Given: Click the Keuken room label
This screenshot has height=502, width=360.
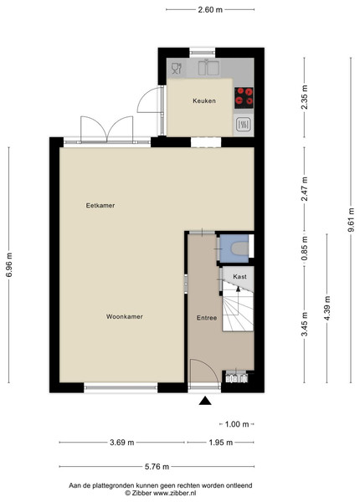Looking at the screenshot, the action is coord(204,101).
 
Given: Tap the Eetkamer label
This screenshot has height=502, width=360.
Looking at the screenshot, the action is coord(100,206).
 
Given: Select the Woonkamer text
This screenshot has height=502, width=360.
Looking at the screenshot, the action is coord(124,316).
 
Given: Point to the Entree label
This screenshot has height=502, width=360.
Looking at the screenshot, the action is coord(207,318).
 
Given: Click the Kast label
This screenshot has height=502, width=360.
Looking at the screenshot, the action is coord(239,277).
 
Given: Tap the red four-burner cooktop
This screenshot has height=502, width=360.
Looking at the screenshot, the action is coord(244,98).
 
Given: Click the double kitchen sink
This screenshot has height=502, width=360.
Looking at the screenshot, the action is coord(208,68).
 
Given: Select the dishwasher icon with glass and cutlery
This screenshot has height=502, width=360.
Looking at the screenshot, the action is coord(176,69).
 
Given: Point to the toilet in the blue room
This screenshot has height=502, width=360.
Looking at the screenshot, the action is coord(240,248).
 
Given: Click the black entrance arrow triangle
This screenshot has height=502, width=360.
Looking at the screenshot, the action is coord(205,401).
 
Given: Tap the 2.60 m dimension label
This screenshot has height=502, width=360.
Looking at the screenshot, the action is coord(210,9).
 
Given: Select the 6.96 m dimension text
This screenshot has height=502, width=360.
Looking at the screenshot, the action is coord(9,265).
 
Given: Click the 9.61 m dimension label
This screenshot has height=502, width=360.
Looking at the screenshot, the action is coord(352,220).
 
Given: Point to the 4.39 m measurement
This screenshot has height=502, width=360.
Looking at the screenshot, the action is coord(327,308).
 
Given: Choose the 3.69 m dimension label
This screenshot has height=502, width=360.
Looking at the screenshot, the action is coord(122,443).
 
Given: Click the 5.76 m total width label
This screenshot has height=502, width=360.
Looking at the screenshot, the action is coord(157,467).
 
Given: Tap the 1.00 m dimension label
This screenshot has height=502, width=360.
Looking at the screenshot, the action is coord(237,424).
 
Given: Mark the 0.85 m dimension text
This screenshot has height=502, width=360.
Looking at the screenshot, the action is coord(305,248).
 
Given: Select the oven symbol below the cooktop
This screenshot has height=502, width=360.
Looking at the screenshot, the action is coord(244,125).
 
